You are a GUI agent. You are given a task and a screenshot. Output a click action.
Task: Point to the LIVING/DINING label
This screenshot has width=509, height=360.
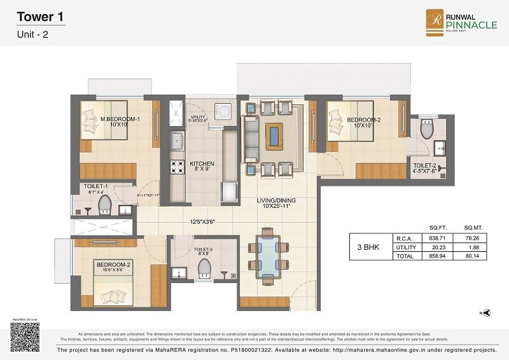(x=276, y=204)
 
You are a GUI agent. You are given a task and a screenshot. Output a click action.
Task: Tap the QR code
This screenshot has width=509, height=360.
(x=25, y=336)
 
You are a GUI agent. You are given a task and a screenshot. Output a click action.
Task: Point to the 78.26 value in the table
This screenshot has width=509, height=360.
(x=471, y=237)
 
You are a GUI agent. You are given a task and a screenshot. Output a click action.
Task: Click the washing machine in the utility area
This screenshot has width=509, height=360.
(x=225, y=110)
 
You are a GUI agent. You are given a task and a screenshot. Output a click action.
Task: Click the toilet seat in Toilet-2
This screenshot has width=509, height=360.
(x=428, y=130)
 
